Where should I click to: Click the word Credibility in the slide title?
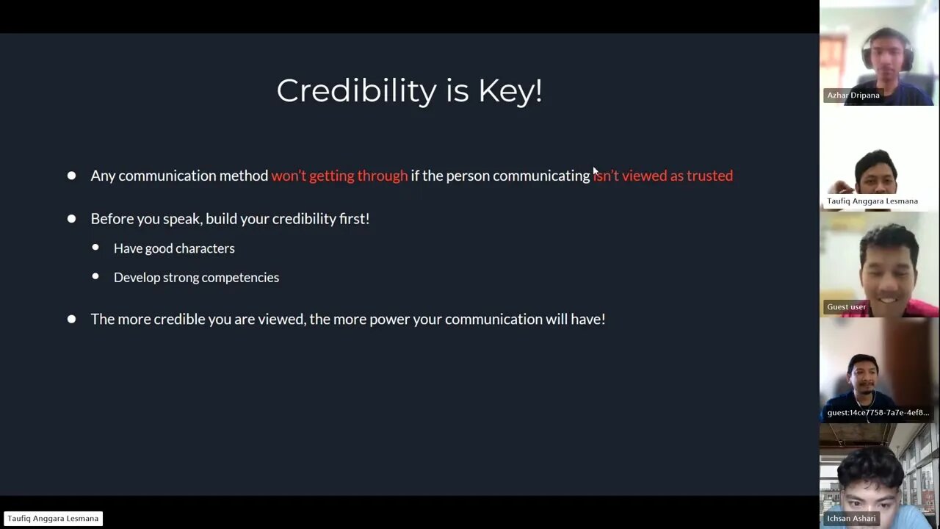click(357, 90)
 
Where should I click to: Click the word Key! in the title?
click(510, 90)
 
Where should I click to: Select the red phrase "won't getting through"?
click(339, 176)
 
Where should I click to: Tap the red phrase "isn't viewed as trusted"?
click(663, 176)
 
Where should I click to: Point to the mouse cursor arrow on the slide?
click(596, 171)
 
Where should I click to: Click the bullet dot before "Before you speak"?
click(72, 219)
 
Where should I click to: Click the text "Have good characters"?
click(174, 248)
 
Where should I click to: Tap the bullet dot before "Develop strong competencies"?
click(95, 276)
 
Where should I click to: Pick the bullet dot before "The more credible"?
click(72, 319)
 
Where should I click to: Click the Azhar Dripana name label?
click(853, 96)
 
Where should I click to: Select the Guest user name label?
click(846, 307)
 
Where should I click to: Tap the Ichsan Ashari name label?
click(851, 519)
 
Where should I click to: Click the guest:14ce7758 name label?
click(878, 413)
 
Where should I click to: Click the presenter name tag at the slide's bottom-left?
click(53, 519)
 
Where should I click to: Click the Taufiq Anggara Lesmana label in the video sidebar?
click(872, 201)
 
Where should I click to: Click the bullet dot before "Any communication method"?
click(72, 176)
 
